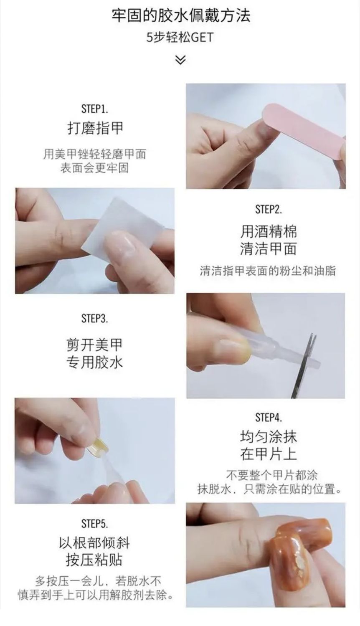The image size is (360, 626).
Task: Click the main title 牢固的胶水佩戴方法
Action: point(181,15)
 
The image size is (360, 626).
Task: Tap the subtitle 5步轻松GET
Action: point(180,38)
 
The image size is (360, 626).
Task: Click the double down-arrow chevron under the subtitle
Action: point(180,60)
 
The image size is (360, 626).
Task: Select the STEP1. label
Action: point(94,109)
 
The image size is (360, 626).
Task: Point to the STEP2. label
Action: point(268,209)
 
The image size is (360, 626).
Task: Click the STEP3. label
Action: point(94,318)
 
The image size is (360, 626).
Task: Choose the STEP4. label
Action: point(268,418)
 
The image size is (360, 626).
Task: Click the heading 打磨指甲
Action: point(95,128)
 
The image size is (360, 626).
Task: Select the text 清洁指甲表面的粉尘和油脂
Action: point(268,271)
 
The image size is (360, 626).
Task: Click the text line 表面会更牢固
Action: point(94,168)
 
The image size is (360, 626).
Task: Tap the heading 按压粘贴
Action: point(94,560)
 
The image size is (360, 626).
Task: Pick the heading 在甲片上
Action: point(268,454)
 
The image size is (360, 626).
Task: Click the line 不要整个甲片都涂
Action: point(272,475)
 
